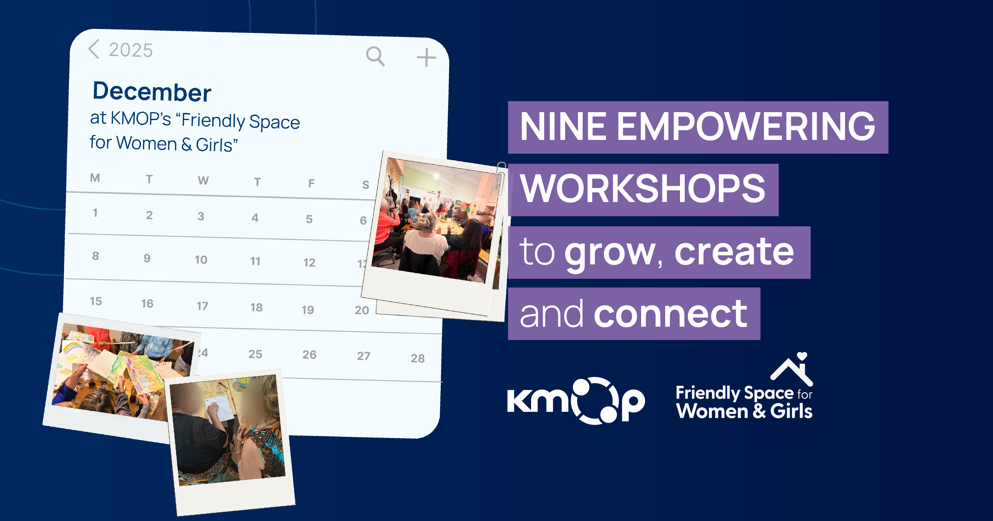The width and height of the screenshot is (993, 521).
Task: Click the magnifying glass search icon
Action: tap(375, 56)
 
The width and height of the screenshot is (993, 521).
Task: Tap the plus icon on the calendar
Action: tap(426, 58)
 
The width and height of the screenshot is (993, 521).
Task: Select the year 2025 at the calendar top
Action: tap(131, 50)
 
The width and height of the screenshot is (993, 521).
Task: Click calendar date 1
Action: tap(95, 213)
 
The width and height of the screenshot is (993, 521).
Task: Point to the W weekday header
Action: tap(203, 180)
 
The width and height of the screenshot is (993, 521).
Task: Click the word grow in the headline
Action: tap(610, 253)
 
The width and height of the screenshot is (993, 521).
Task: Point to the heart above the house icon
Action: tap(802, 356)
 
